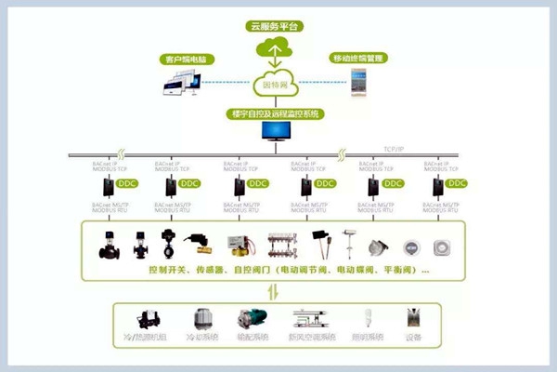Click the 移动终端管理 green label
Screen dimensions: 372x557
(358, 58)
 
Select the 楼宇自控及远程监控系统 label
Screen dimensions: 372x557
(278, 113)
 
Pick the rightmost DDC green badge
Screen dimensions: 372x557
(459, 184)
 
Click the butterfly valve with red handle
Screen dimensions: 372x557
(170, 242)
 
